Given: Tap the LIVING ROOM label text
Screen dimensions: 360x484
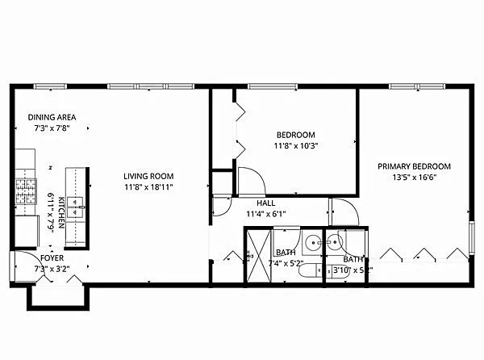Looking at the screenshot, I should (148, 176).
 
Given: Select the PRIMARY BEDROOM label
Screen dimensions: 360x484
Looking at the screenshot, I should (415, 166).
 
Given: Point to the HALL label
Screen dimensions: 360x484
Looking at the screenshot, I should (266, 203).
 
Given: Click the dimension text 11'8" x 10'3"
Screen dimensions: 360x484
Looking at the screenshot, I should (295, 145).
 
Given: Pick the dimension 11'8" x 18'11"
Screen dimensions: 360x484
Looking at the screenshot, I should (148, 186).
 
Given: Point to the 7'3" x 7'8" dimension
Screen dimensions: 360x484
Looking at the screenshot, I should (52, 128).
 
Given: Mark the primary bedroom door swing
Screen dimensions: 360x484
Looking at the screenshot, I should (344, 211).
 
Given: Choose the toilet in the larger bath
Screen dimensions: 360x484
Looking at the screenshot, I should (309, 272).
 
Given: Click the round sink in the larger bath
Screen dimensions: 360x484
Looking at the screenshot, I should (312, 240).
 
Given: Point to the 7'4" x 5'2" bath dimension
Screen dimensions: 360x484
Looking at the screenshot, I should (287, 263).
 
